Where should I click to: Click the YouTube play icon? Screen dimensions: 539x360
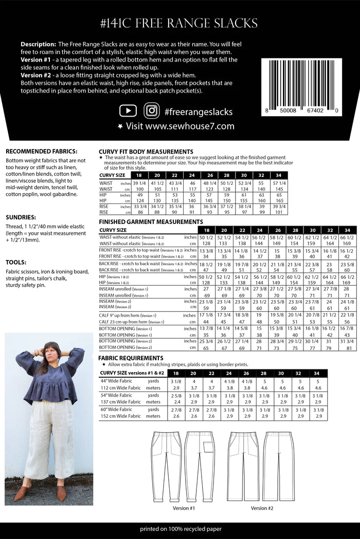pos(128,111)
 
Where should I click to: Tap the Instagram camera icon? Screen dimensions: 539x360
pos(151,111)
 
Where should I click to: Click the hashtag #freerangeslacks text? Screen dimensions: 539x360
pos(199,111)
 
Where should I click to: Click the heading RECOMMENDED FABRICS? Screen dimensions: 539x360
pos(41,152)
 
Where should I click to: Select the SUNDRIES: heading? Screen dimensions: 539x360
pos(21,217)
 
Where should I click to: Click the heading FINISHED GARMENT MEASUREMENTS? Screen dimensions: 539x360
pos(151,222)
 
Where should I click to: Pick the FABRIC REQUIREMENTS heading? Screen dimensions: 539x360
pos(131,358)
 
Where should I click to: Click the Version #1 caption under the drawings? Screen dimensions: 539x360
pos(184,508)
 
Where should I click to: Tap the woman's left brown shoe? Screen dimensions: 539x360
pos(61,493)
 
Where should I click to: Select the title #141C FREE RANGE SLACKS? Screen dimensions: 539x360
pos(179,23)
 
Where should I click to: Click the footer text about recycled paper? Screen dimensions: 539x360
pos(179,529)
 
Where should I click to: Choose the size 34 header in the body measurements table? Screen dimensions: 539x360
pos(278,175)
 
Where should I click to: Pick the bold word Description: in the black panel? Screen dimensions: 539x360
pos(39,44)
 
